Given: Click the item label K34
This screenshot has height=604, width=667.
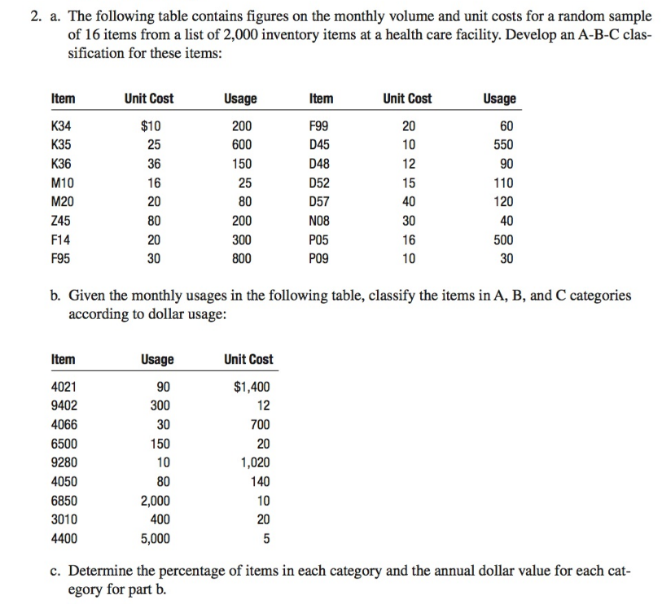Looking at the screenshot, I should pos(59,125).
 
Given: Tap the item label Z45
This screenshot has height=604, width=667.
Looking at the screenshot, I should pos(59,221).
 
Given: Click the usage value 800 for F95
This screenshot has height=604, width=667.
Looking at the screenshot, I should pos(241,259).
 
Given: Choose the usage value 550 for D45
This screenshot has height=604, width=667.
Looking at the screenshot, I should pos(502,145).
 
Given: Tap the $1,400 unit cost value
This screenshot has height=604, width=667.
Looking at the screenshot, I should pos(252,387).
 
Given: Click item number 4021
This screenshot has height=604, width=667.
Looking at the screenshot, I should pos(64,387).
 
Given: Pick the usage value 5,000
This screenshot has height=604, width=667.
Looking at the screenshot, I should pos(156,538).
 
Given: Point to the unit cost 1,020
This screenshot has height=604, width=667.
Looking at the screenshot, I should pos(255,462).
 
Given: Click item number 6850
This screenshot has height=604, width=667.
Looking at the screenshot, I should pos(64,501).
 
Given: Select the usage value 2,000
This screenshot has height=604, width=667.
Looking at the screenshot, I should pos(156,501).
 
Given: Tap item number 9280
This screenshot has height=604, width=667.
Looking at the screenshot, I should pos(64,462).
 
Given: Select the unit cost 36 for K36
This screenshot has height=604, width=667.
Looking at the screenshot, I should pos(153,164).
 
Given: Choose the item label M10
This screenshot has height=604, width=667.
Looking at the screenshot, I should pos(60,182).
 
